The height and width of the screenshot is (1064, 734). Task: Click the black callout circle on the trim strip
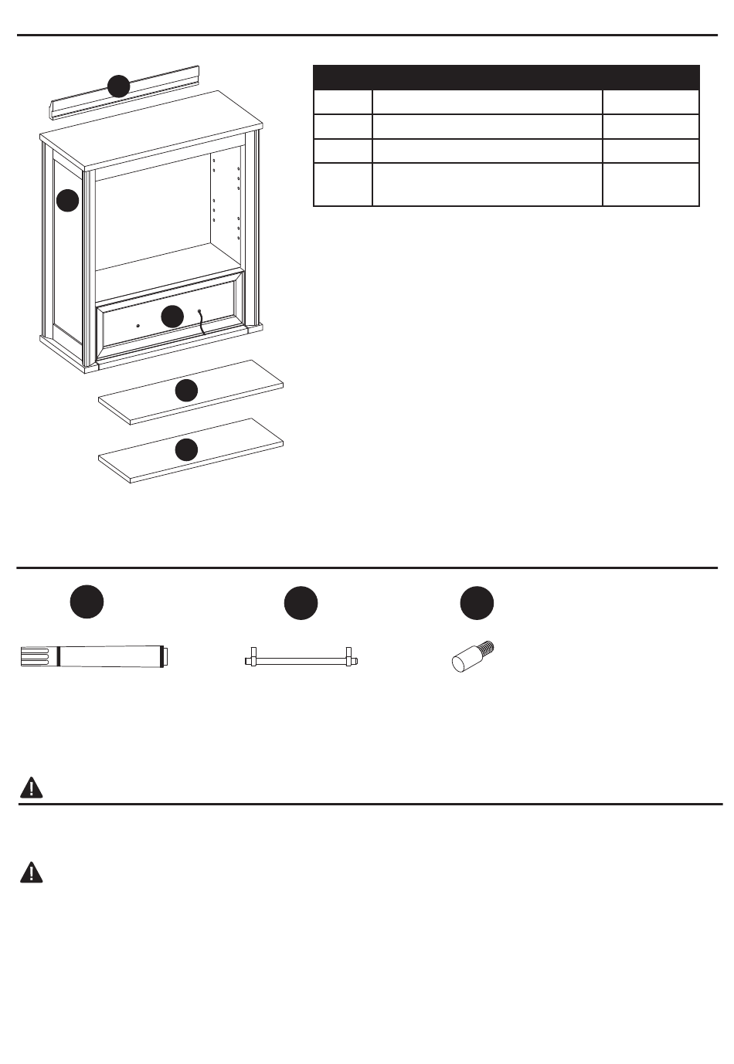pyautogui.click(x=118, y=86)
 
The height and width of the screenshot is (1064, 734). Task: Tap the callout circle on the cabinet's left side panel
pyautogui.click(x=67, y=200)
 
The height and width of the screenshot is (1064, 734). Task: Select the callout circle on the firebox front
pyautogui.click(x=172, y=316)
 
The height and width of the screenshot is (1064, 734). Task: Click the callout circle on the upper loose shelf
pyautogui.click(x=185, y=391)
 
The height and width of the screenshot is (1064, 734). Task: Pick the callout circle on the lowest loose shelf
pyautogui.click(x=185, y=449)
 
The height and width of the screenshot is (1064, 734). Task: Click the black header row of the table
pyautogui.click(x=506, y=78)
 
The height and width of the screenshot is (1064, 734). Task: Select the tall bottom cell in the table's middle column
pyautogui.click(x=487, y=185)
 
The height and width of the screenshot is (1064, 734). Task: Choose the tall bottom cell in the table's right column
pyautogui.click(x=651, y=185)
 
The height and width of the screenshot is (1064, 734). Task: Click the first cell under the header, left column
pyautogui.click(x=342, y=103)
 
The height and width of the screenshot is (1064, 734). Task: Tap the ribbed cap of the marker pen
pyautogui.click(x=34, y=657)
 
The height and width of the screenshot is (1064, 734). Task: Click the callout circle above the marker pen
pyautogui.click(x=87, y=602)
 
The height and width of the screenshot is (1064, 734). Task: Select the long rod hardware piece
pyautogui.click(x=301, y=660)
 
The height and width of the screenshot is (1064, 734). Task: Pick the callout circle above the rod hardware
pyautogui.click(x=301, y=602)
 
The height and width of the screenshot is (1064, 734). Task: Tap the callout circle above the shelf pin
pyautogui.click(x=477, y=602)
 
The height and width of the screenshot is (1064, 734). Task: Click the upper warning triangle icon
pyautogui.click(x=31, y=787)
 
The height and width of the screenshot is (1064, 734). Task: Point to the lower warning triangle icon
pyautogui.click(x=31, y=872)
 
